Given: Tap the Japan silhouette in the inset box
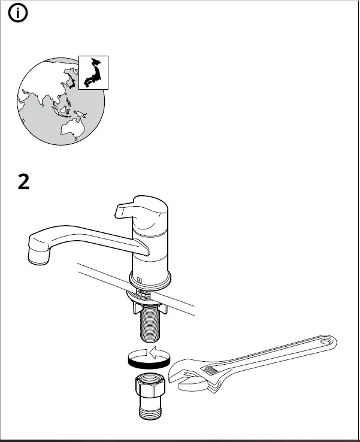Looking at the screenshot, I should pyautogui.click(x=93, y=72).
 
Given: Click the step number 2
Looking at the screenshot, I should pyautogui.click(x=23, y=182).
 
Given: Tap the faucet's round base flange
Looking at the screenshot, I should pyautogui.click(x=150, y=279).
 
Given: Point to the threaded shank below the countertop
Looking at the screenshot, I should pyautogui.click(x=149, y=323).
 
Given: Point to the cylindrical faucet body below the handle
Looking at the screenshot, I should pyautogui.click(x=150, y=255).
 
